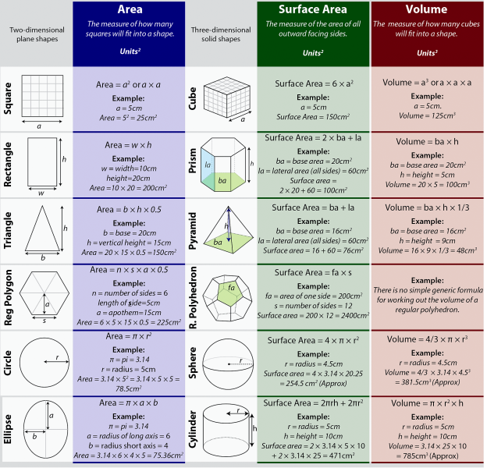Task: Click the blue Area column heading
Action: click(x=130, y=9)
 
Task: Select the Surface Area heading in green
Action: click(x=313, y=9)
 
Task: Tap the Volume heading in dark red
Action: click(x=426, y=9)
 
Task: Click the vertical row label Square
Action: click(x=8, y=98)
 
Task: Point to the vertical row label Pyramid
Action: click(x=193, y=231)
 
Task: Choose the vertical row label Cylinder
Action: click(x=193, y=430)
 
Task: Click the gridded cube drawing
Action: click(x=227, y=97)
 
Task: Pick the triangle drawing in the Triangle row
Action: click(x=42, y=229)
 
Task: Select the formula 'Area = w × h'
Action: click(x=128, y=145)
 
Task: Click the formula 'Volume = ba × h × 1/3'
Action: click(x=427, y=207)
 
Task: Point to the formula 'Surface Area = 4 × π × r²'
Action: click(x=313, y=340)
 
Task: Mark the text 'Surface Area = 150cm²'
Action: click(x=313, y=117)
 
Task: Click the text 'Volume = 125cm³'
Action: click(x=427, y=115)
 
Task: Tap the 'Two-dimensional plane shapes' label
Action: click(x=37, y=34)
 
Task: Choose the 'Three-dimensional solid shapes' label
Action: click(x=221, y=34)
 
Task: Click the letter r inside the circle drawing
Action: click(x=58, y=357)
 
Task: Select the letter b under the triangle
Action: click(x=43, y=257)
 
